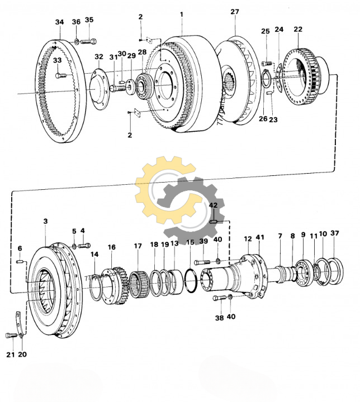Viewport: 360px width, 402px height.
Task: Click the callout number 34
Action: point(60,22)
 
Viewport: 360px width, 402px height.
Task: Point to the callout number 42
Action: point(213,205)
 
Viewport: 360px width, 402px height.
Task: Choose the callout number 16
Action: point(112,247)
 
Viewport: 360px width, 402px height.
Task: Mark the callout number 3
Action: point(45,222)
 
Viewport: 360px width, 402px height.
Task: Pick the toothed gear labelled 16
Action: point(119,281)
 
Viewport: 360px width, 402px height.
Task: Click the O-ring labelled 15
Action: point(190,279)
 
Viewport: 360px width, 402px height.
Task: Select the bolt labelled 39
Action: point(202,261)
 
